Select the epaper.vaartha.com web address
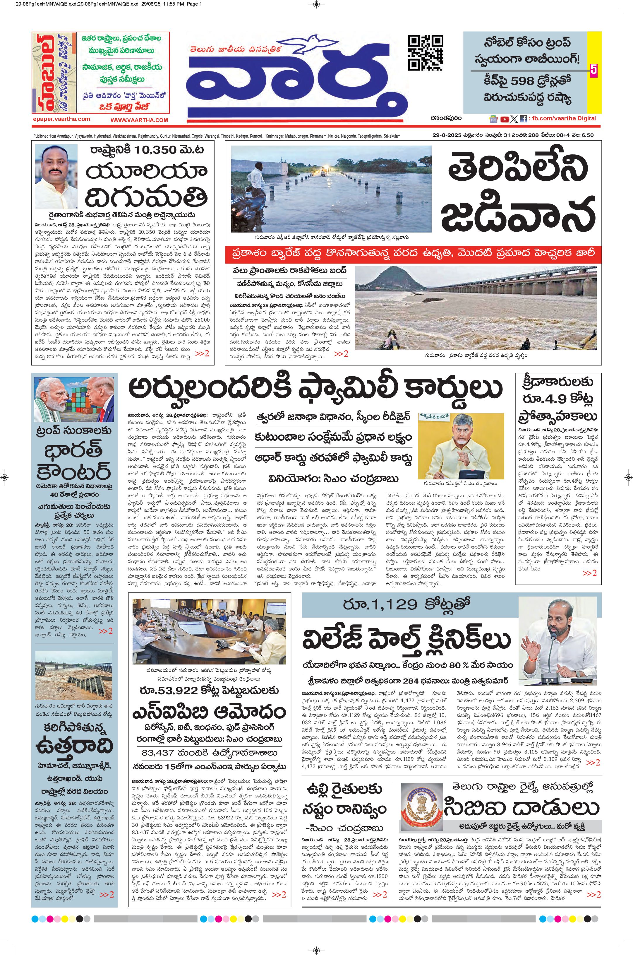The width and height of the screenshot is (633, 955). tap(62, 119)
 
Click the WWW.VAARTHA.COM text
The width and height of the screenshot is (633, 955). tap(139, 120)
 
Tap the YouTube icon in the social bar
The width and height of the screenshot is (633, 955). tap(504, 119)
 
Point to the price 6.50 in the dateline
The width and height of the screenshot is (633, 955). tap(586, 135)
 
